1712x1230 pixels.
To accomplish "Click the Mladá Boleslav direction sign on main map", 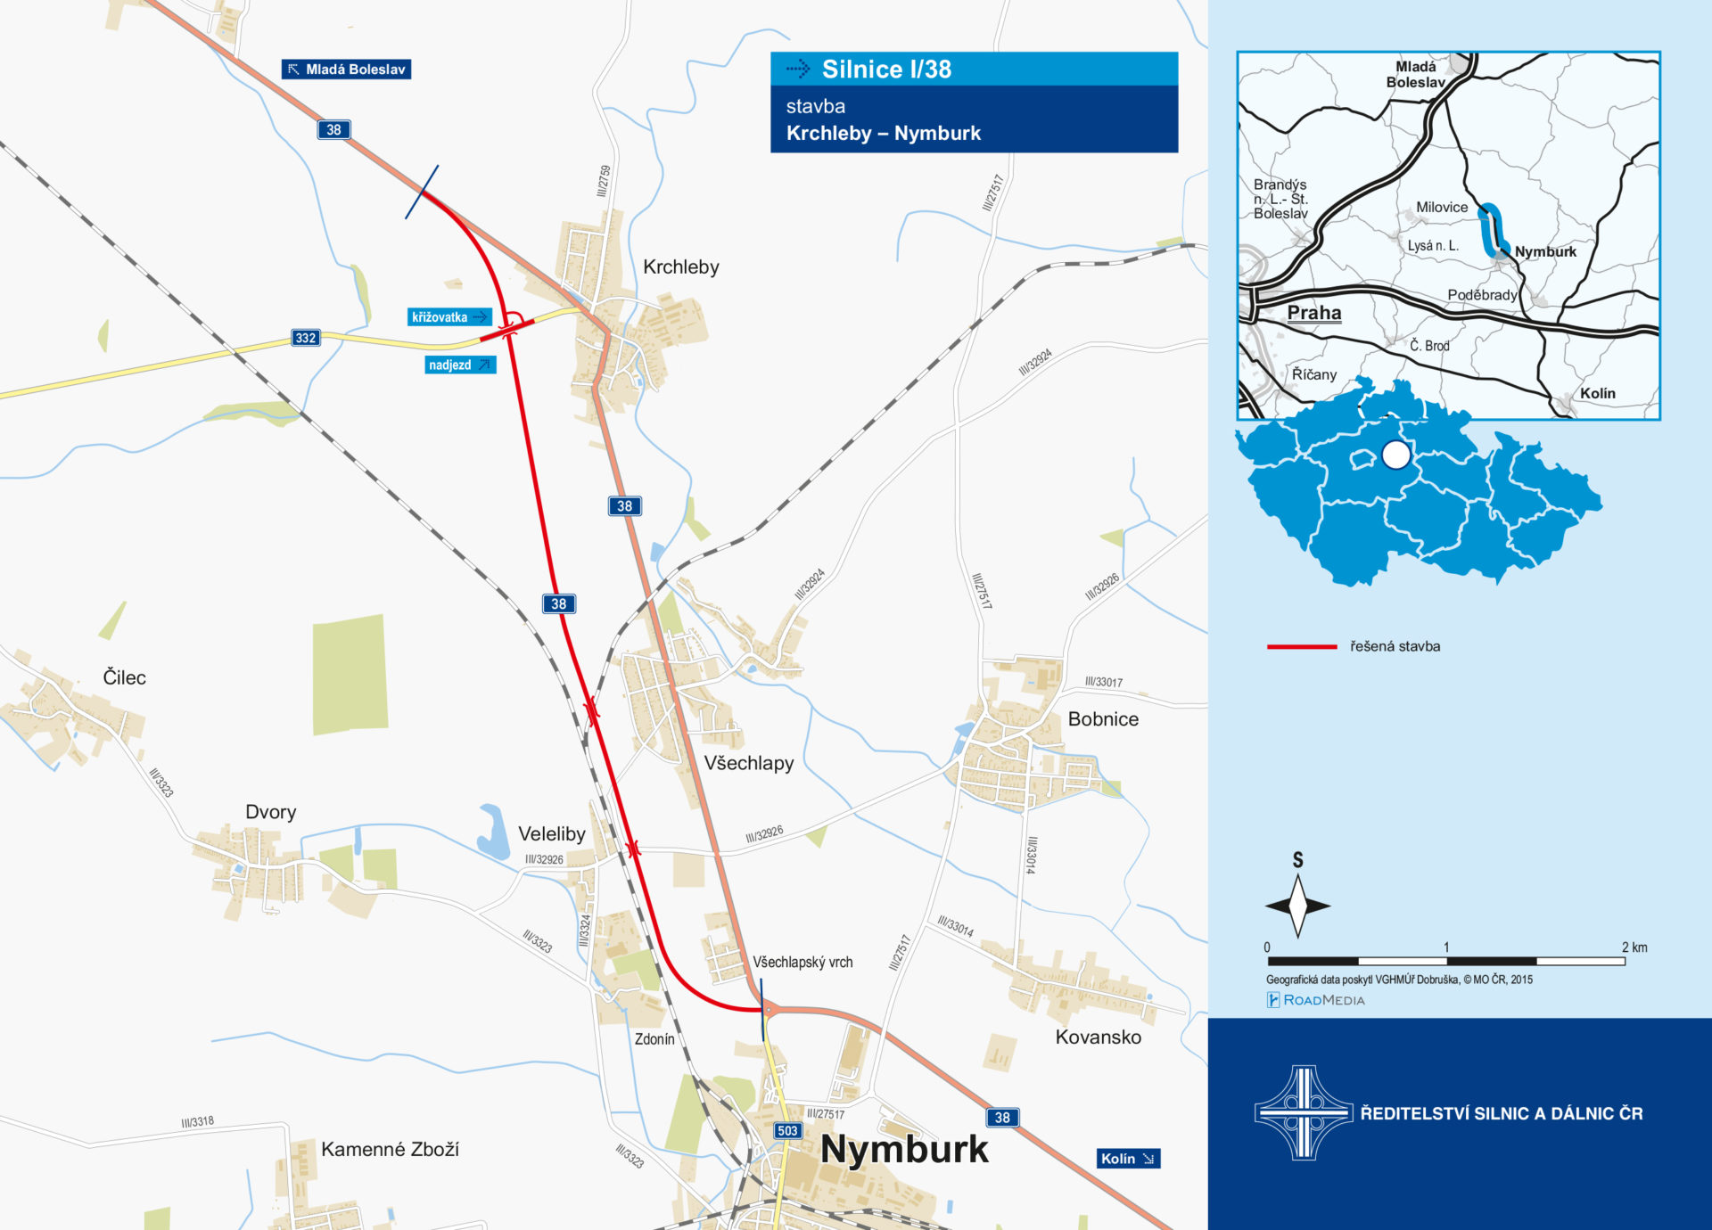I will tap(346, 70).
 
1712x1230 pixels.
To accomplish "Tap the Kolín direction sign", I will tap(1127, 1159).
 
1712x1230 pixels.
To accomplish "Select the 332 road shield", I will tap(306, 338).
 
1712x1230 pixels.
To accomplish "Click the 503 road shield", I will tap(787, 1130).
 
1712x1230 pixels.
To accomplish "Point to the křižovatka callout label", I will tap(449, 317).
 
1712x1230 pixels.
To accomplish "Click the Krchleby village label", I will tap(680, 267).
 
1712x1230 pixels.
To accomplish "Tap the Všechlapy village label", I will tap(748, 763).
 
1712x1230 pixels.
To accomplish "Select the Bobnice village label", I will tap(1102, 719).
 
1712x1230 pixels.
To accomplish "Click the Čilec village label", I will tap(124, 677).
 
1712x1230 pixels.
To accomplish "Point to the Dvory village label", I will tap(270, 812).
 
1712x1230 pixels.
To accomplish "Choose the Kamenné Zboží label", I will tap(390, 1150).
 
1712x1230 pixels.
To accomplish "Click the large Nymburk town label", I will tap(904, 1150).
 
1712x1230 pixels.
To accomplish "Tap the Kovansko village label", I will tap(1098, 1037).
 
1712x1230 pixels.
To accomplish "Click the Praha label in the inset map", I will tap(1313, 313).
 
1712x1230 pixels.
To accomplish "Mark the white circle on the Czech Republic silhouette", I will tap(1395, 455).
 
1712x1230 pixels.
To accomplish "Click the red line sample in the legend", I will tap(1301, 647).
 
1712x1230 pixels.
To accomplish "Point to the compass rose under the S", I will tap(1297, 906).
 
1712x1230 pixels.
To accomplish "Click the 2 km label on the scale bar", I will tap(1634, 947).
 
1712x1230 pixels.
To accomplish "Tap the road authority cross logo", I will tap(1303, 1112).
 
